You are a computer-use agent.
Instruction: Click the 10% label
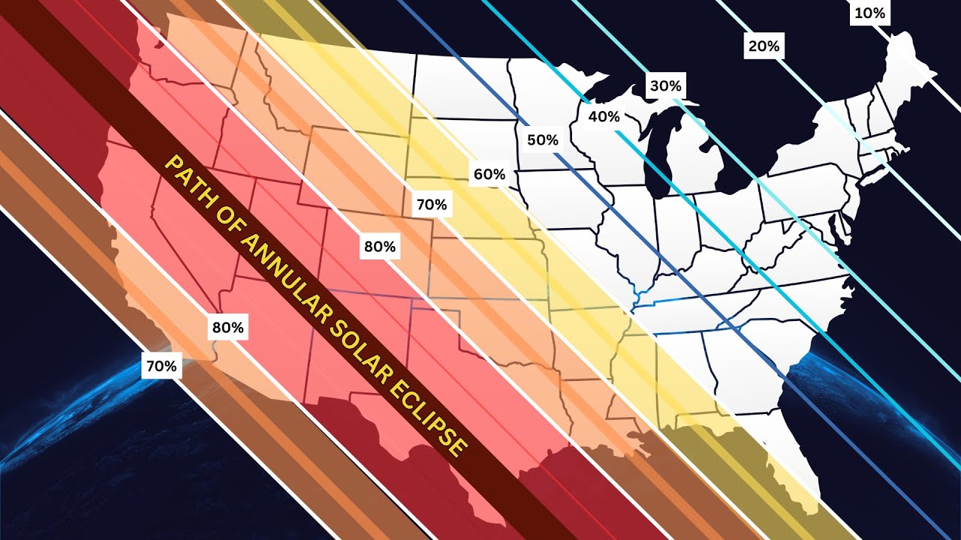pyautogui.click(x=870, y=13)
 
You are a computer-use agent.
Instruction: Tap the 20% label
pyautogui.click(x=764, y=46)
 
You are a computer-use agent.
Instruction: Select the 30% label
pyautogui.click(x=665, y=85)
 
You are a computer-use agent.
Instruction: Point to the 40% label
pyautogui.click(x=604, y=116)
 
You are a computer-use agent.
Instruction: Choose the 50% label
pyautogui.click(x=542, y=139)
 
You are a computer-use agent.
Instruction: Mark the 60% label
pyautogui.click(x=488, y=175)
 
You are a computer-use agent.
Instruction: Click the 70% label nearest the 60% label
pyautogui.click(x=431, y=204)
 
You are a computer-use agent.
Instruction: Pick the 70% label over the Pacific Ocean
pyautogui.click(x=161, y=366)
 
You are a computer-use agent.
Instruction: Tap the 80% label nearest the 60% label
pyautogui.click(x=379, y=246)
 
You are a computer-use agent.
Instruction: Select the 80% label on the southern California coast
pyautogui.click(x=227, y=328)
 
